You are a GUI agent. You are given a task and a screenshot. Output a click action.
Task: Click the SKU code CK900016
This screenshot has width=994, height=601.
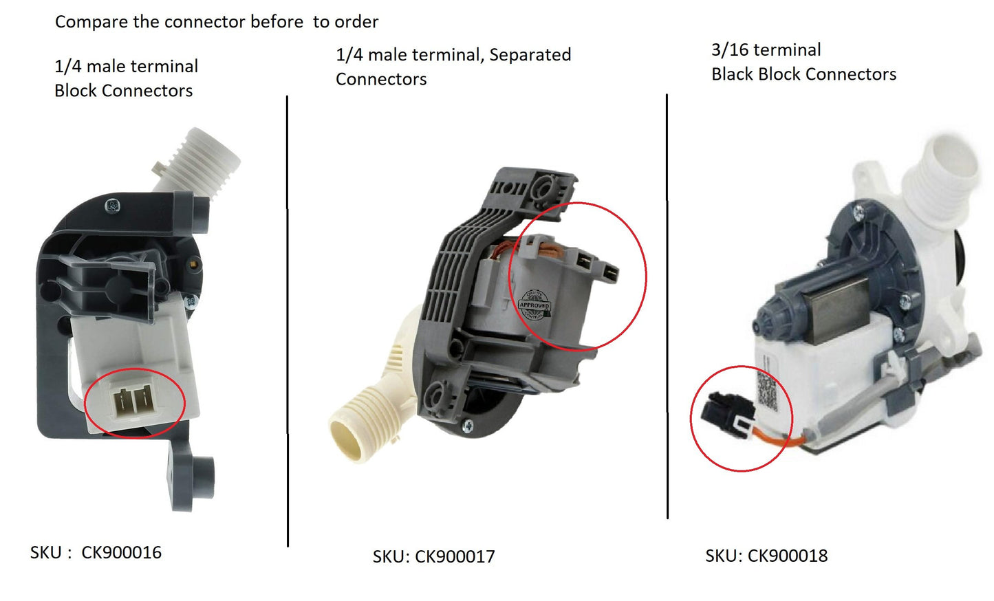(x=121, y=552)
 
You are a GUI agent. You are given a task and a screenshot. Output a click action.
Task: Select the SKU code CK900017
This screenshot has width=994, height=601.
(x=455, y=556)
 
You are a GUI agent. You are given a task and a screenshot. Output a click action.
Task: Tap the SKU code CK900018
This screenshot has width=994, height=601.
(x=787, y=556)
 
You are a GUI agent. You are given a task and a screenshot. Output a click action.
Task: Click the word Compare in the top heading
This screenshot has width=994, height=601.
(x=91, y=22)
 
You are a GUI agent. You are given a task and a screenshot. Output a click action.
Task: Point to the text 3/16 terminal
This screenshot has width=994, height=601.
(x=766, y=50)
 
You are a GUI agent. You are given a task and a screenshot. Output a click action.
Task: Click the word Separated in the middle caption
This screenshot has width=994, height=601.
(x=530, y=55)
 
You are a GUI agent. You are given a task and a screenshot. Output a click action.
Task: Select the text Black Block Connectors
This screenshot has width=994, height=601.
(x=803, y=74)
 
